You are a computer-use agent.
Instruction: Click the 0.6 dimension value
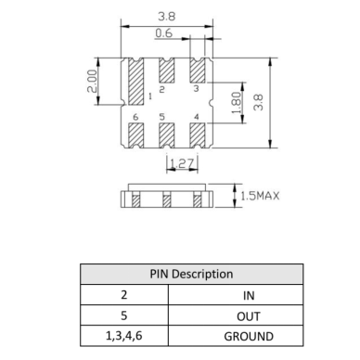tap(164, 32)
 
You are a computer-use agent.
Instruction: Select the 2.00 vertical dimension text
tap(92, 81)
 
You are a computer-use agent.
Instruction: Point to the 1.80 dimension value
tap(237, 103)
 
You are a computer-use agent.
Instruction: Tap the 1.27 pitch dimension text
tap(182, 163)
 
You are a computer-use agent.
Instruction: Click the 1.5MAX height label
tap(260, 196)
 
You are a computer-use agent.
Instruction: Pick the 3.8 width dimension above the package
tap(167, 17)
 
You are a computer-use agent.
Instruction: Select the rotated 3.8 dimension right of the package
tap(258, 102)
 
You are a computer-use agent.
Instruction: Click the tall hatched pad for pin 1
tap(135, 82)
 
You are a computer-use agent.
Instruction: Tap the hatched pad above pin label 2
tap(166, 71)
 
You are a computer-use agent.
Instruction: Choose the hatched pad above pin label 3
tap(198, 71)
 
